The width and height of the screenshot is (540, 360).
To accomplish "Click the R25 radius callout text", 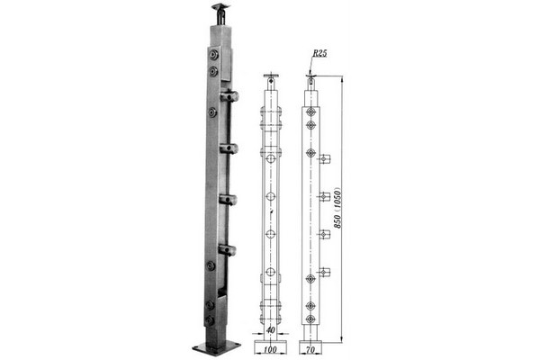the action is pos(319,53).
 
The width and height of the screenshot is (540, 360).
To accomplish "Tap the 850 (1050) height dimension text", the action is pos(337,208).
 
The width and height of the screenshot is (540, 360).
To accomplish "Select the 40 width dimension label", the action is pos(271,330).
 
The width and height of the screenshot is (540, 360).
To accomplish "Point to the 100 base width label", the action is pos(270,350).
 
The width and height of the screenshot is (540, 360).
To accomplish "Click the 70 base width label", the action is pos(310,350).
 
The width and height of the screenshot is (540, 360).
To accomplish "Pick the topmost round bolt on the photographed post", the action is pos(213,55).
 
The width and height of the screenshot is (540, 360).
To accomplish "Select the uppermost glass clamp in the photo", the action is pos(229,95).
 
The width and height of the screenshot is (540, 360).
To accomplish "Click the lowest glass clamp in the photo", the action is pos(228,249).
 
